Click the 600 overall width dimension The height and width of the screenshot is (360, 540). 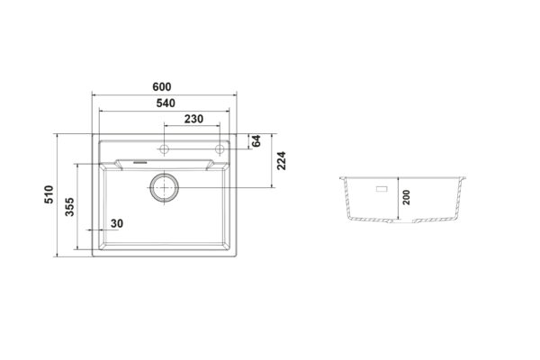point(162,86)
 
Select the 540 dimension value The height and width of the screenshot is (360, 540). point(166,103)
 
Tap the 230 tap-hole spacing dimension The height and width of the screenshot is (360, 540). point(193,119)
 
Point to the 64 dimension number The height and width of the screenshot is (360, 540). point(256,141)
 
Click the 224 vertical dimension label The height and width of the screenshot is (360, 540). point(282,160)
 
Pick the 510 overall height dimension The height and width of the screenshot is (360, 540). point(49,194)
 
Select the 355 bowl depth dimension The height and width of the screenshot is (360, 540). point(69,207)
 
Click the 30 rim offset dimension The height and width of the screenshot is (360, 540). point(117,223)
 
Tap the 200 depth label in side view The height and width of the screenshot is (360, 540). point(407,197)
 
